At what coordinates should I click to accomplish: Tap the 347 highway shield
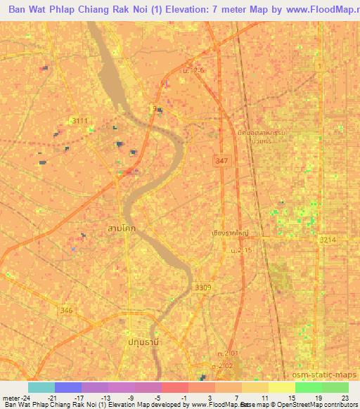tap(222, 162)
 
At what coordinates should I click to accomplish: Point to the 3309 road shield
tap(203, 289)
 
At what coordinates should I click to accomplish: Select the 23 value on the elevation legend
tap(345, 398)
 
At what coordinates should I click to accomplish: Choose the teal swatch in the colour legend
tap(41, 387)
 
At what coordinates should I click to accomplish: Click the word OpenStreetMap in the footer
tap(323, 405)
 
